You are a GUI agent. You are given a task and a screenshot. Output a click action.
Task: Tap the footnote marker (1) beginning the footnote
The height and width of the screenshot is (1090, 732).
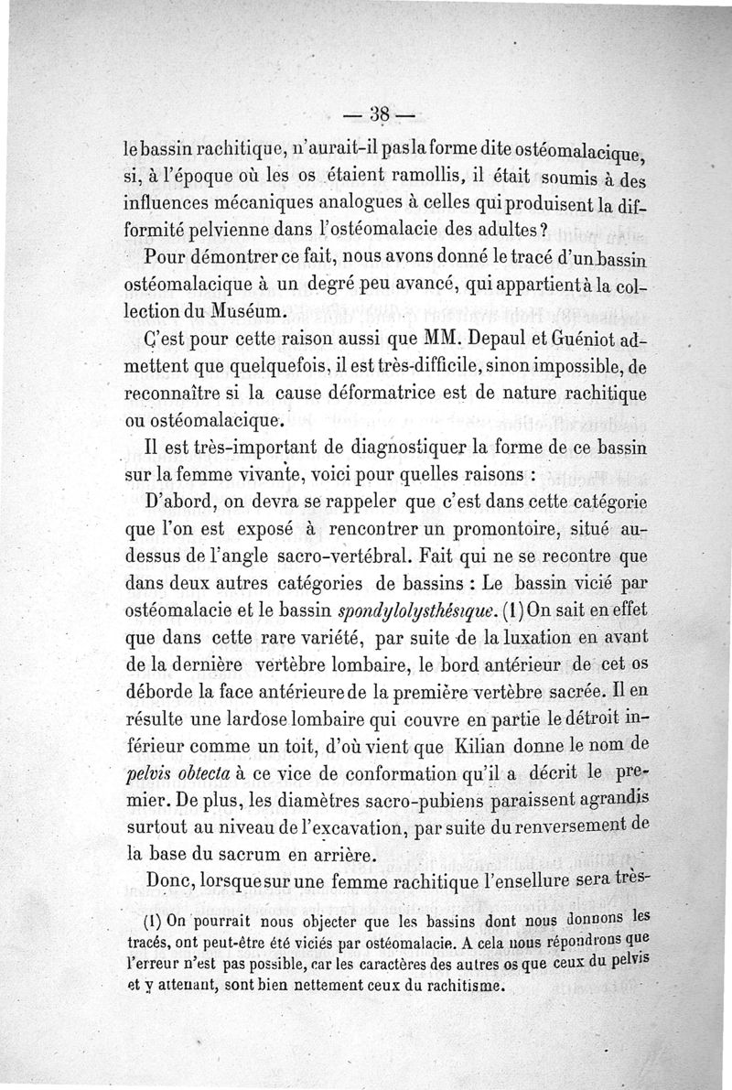click(x=156, y=922)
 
